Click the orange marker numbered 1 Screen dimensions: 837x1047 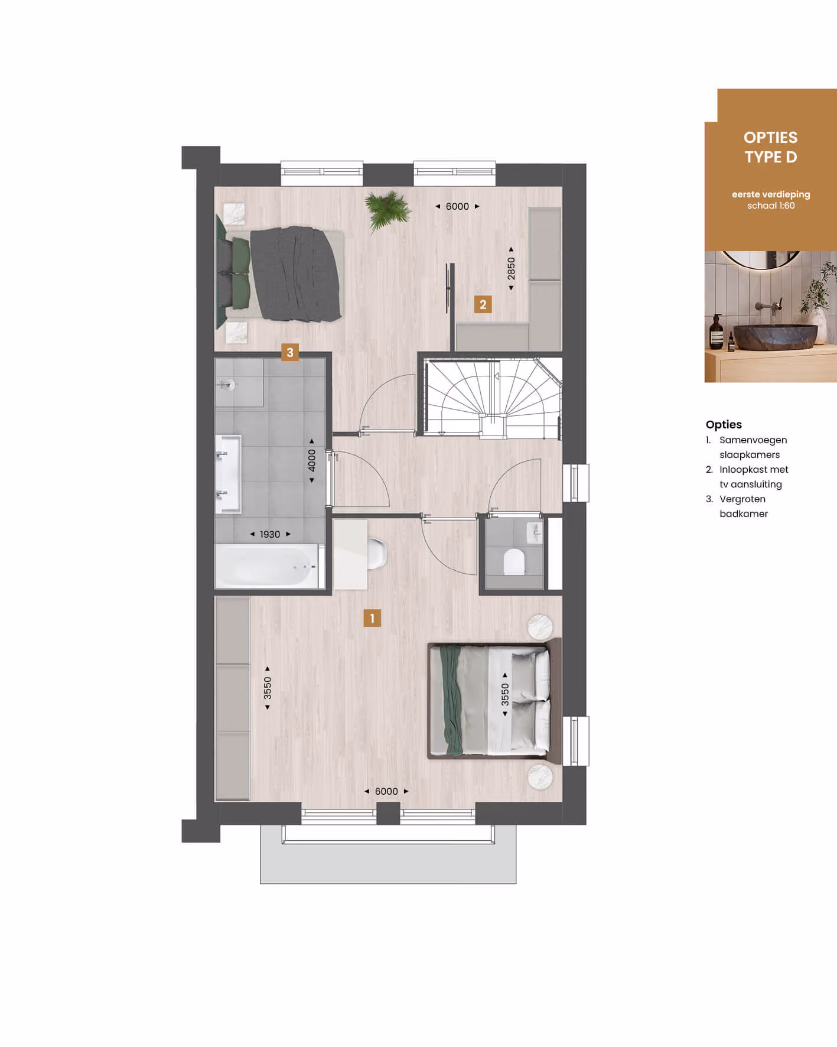pos(372,618)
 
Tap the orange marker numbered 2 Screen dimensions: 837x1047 pos(483,304)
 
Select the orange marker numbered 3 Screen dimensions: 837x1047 pos(289,353)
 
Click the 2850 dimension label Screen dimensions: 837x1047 pos(511,269)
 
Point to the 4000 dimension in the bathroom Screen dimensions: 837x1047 pos(312,461)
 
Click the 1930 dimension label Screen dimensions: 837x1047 pos(270,534)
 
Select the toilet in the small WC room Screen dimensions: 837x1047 pos(514,561)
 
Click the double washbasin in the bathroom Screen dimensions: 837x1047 pos(229,474)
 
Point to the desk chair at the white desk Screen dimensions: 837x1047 pos(377,554)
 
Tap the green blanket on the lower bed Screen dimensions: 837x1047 pos(451,700)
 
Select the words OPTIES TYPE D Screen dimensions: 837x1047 pos(771,147)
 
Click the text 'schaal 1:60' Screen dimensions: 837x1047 pos(771,206)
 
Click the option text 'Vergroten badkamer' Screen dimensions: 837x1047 pos(744,506)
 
